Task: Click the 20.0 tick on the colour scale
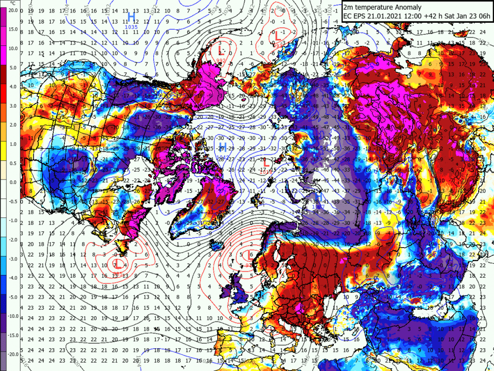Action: coord(13,10)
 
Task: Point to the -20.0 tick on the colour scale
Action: coord(13,354)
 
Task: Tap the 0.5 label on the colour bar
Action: coord(13,163)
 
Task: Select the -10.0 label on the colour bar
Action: coord(13,316)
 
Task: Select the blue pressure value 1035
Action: coord(131,27)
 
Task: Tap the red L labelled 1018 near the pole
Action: coord(266,162)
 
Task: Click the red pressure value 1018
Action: coord(266,172)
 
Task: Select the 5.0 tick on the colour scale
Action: coord(13,67)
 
